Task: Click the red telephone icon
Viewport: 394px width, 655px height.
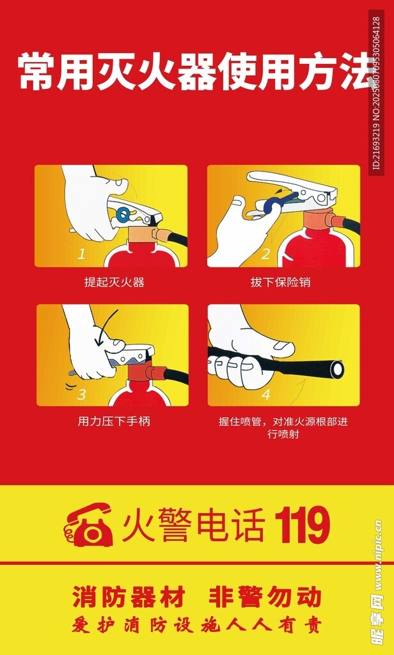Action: [88, 525]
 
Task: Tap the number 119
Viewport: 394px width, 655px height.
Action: [302, 525]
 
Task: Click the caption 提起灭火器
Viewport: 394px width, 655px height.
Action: [114, 282]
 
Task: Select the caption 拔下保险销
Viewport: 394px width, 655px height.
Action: [280, 282]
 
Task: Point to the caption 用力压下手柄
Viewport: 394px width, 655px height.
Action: [114, 421]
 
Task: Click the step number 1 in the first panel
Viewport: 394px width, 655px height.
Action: [81, 253]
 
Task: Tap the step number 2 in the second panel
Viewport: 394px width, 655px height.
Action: [265, 253]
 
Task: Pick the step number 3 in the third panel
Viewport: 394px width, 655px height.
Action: [81, 393]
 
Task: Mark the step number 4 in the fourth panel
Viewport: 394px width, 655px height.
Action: [266, 393]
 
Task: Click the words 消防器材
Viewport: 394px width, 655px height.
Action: [129, 597]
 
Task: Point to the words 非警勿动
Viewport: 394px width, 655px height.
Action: [265, 597]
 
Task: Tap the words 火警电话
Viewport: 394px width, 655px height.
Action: [193, 525]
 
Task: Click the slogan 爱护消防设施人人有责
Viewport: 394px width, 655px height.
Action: [196, 626]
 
